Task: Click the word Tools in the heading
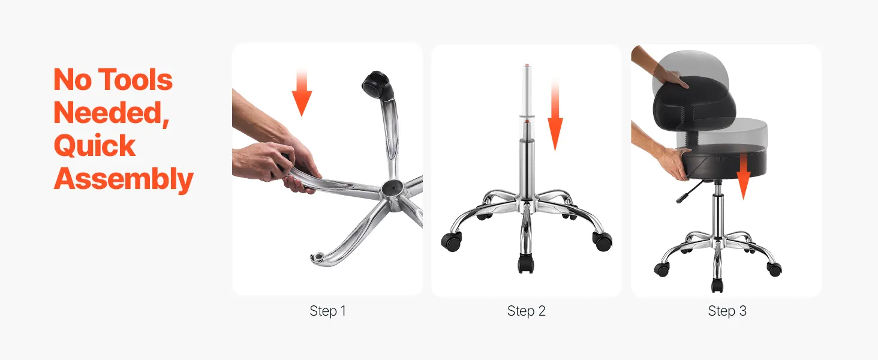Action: click(x=137, y=80)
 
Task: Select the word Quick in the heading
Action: click(x=95, y=145)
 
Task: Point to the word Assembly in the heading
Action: click(x=124, y=179)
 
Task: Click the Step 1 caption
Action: click(x=327, y=311)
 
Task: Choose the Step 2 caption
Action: click(x=527, y=311)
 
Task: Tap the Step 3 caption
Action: click(x=727, y=311)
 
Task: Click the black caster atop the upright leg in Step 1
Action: click(x=377, y=85)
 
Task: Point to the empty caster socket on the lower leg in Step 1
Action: click(x=318, y=257)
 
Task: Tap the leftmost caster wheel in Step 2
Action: click(x=451, y=241)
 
